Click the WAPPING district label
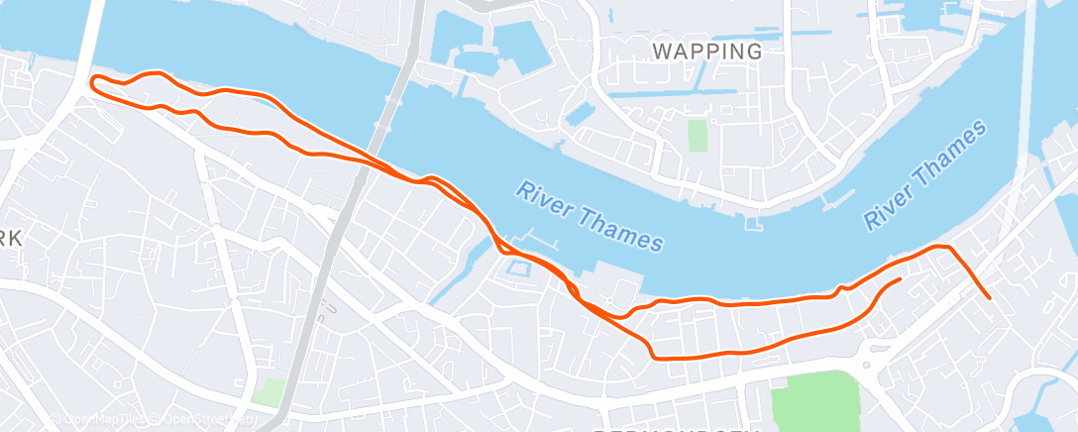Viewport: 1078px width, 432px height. coord(707,51)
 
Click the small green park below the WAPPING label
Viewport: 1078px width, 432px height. coord(699,135)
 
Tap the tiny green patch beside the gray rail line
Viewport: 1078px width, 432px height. coord(267,392)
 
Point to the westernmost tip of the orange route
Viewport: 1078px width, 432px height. coord(92,82)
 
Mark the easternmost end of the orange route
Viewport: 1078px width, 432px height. coord(989,297)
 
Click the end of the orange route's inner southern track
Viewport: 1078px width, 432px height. coord(900,279)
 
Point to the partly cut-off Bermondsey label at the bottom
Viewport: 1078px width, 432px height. coord(674,427)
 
